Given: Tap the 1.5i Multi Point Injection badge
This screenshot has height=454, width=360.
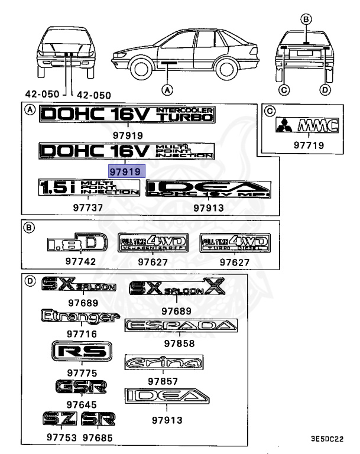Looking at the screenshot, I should click(x=88, y=188).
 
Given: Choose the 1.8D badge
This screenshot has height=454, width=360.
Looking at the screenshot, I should click(x=77, y=243).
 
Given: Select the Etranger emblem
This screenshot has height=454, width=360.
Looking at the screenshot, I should click(x=76, y=318).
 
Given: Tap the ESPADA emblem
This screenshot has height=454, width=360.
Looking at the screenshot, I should click(x=181, y=326).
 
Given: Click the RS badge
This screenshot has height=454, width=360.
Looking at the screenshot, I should click(x=82, y=352).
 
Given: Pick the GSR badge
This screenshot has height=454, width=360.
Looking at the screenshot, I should click(x=82, y=387).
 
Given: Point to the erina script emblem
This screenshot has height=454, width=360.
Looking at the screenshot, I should click(x=164, y=362).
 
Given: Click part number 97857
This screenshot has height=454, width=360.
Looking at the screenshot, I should click(x=163, y=382).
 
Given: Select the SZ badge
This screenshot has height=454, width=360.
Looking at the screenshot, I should click(x=60, y=419).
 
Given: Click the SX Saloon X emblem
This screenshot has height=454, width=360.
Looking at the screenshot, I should click(x=177, y=288).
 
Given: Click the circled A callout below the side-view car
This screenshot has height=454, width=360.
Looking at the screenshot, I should click(x=167, y=90).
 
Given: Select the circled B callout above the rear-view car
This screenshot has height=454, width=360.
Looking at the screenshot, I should click(x=306, y=19).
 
